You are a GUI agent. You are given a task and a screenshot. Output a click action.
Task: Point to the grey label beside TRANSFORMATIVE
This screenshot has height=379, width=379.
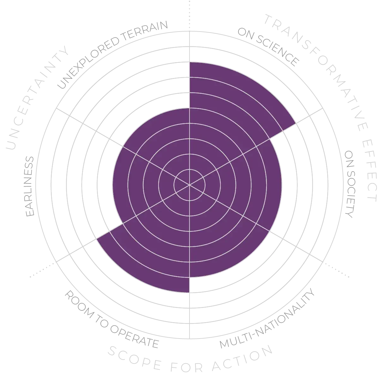[268, 47]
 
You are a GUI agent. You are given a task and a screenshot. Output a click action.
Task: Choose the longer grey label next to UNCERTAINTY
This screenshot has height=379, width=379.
[112, 54]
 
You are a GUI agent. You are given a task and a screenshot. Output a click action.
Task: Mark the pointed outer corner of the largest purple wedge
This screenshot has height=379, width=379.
[295, 123]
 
